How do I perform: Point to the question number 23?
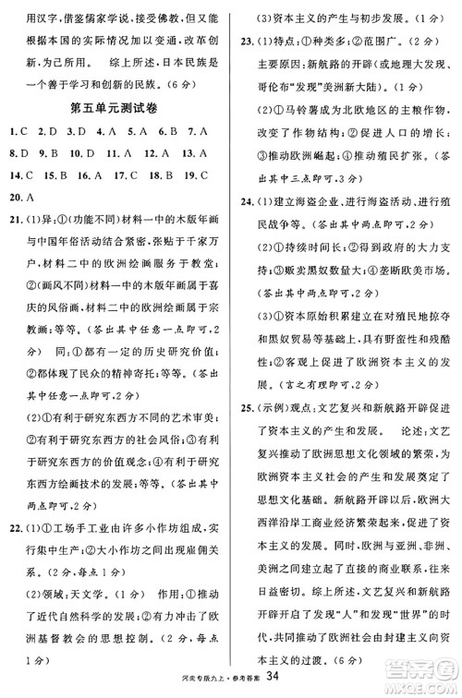(246, 40)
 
